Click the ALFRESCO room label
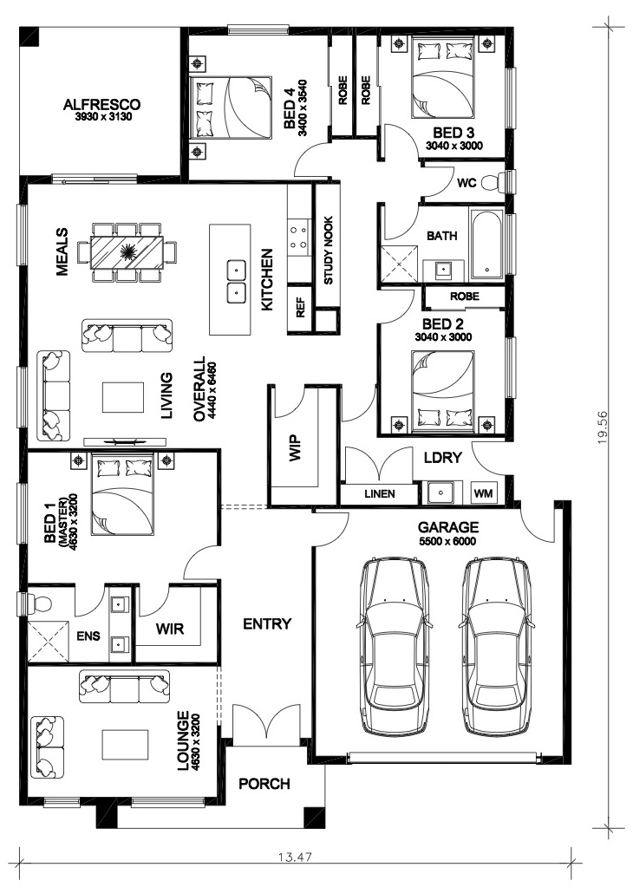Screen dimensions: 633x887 (101, 105)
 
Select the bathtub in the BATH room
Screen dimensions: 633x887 (486, 245)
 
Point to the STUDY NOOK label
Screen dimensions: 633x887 (328, 251)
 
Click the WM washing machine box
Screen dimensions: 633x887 (483, 493)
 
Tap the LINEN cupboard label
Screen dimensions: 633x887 (380, 494)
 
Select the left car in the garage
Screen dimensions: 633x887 (395, 647)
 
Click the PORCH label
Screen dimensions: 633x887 (264, 784)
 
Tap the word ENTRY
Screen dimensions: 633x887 (267, 624)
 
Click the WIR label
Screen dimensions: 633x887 (170, 628)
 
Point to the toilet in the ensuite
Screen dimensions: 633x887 (40, 602)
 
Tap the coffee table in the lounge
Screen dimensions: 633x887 (125, 745)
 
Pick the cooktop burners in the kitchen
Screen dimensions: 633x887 (298, 238)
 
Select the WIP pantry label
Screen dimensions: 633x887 (296, 448)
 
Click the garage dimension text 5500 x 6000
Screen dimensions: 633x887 (447, 541)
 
